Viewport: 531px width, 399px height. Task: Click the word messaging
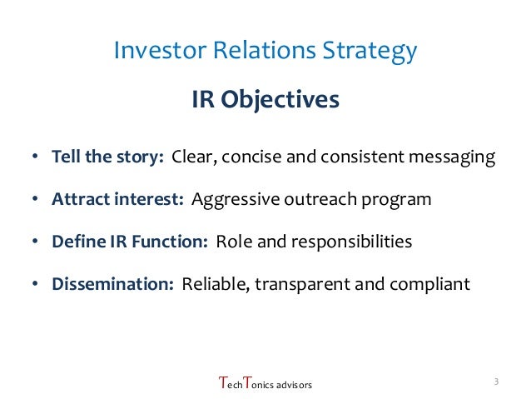(x=450, y=158)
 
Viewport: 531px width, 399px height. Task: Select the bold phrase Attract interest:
(x=118, y=200)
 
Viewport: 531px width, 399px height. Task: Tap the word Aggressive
(x=231, y=200)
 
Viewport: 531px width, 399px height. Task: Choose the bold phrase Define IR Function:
(x=130, y=242)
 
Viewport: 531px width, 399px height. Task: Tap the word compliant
(x=429, y=284)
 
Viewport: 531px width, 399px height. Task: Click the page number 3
(x=495, y=382)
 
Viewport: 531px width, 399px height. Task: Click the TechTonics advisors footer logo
(x=265, y=384)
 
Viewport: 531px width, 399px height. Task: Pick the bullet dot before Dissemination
(x=35, y=285)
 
